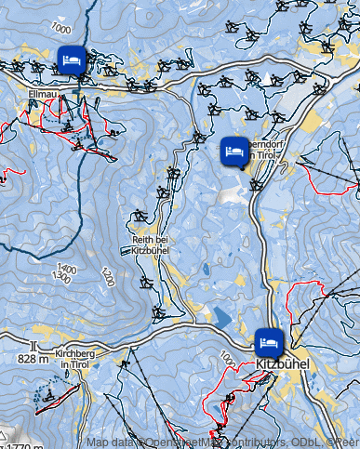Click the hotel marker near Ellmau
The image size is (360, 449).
pos(71,60)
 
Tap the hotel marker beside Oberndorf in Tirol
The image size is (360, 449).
pos(233,151)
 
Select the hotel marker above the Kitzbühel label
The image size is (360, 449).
pos(268,341)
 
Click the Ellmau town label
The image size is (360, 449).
pos(43,95)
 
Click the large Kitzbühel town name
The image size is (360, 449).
pos(281,364)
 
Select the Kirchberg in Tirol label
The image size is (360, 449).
pos(76,359)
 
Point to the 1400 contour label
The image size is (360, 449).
pos(66,269)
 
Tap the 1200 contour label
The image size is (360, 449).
pos(108,276)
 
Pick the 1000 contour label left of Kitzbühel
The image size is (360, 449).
pos(227,358)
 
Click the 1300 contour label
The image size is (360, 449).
pos(61,277)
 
